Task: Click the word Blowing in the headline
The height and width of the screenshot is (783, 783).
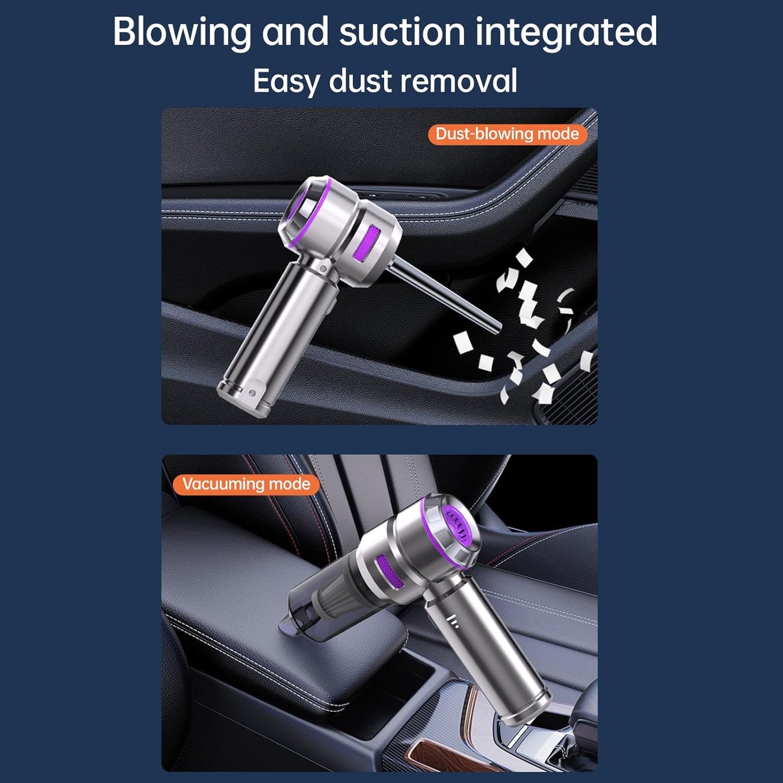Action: (x=182, y=33)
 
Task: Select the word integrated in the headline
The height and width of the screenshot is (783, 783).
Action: (x=566, y=33)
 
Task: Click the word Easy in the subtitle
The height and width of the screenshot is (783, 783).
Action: (x=286, y=82)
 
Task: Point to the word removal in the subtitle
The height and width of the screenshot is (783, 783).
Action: (x=458, y=81)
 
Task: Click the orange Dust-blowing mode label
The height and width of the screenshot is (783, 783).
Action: (x=507, y=134)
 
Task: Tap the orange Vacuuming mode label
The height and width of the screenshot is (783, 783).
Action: (x=246, y=484)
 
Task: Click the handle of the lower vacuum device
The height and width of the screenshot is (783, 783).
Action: (x=488, y=650)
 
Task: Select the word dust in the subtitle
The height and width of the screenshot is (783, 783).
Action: (x=359, y=81)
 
